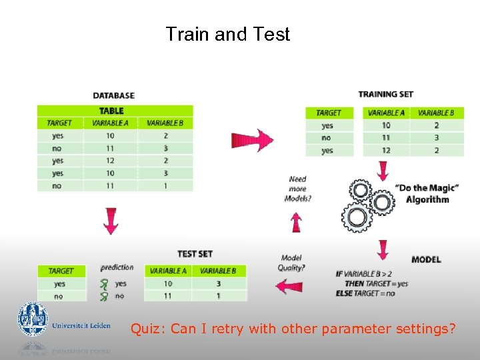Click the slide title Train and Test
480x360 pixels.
point(227,34)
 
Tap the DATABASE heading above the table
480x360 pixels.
point(113,95)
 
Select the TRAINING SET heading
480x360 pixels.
point(385,95)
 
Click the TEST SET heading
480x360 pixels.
point(195,253)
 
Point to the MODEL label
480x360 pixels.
point(426,259)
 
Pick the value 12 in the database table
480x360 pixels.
point(110,161)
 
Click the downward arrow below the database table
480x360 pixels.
point(111,220)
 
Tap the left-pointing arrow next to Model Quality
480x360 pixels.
point(289,287)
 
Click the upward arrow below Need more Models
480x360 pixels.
point(297,221)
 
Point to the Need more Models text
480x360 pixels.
point(298,189)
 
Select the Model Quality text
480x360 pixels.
point(292,263)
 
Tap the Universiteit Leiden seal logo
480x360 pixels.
point(33,320)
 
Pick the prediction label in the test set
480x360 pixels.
point(117,267)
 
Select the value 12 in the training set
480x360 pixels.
point(386,150)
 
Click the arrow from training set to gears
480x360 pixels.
point(383,170)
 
